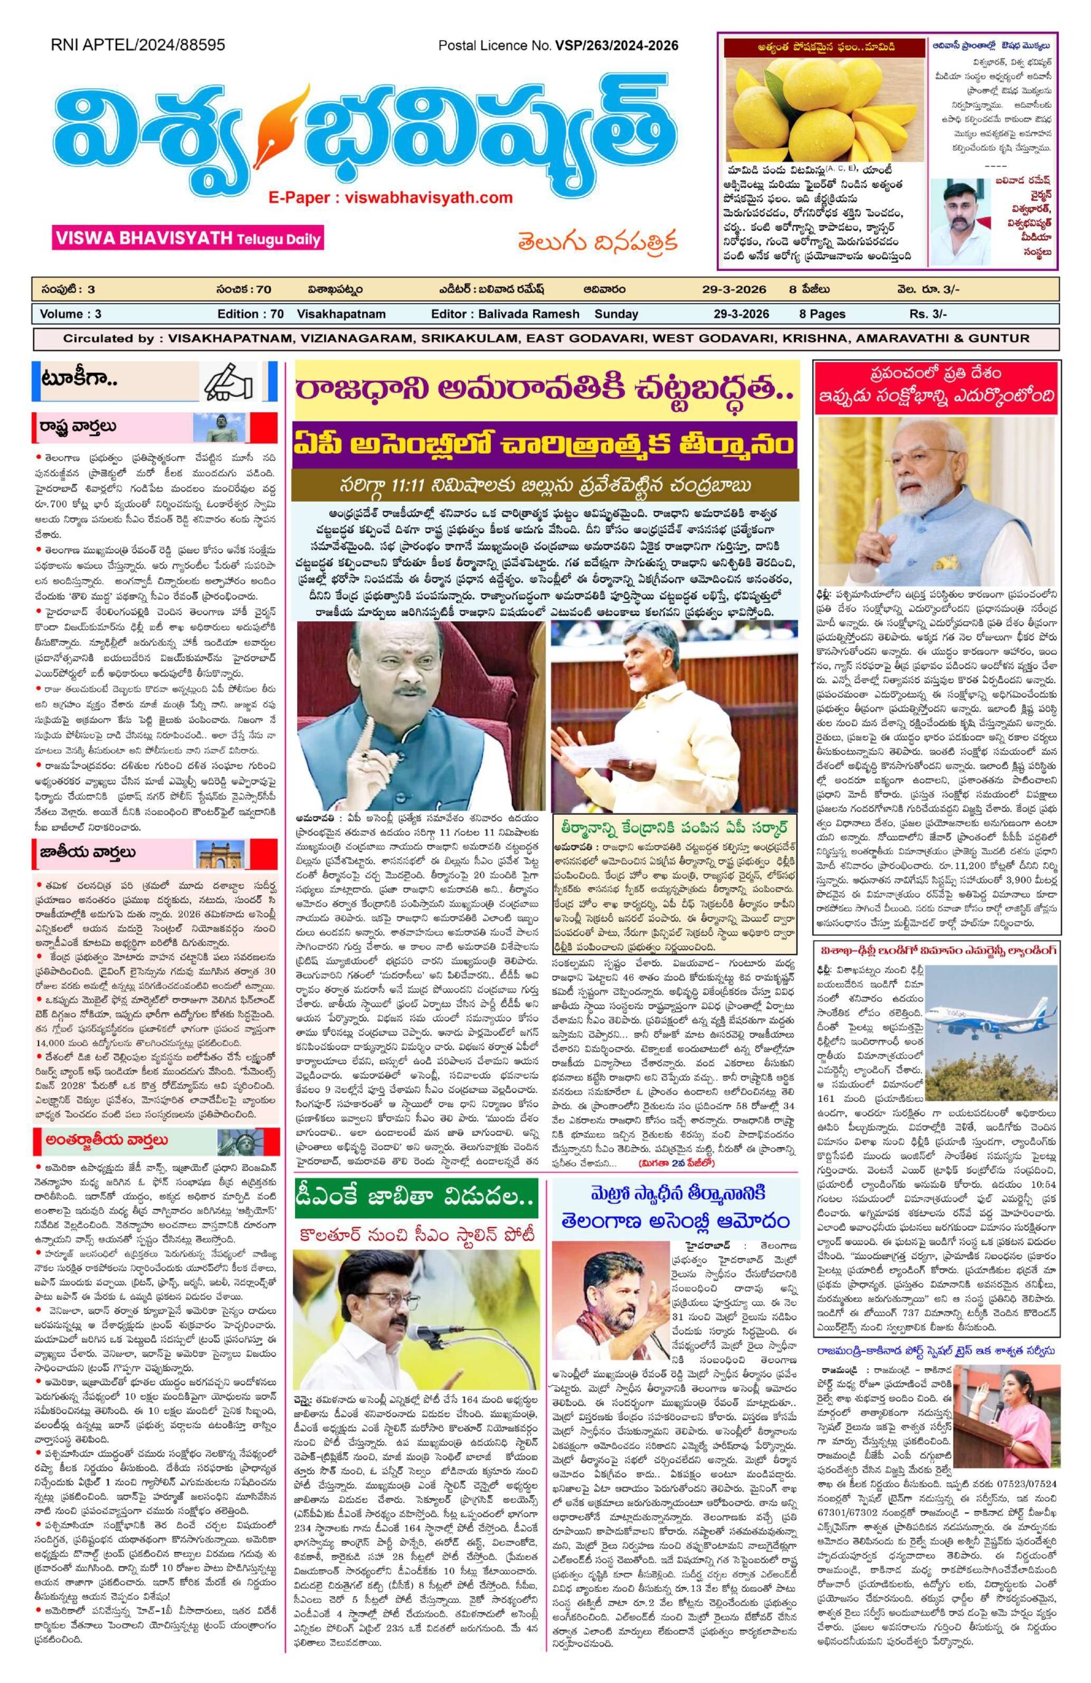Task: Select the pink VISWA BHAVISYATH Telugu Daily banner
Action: pos(186,237)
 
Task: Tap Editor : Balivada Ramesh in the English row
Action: pos(504,314)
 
